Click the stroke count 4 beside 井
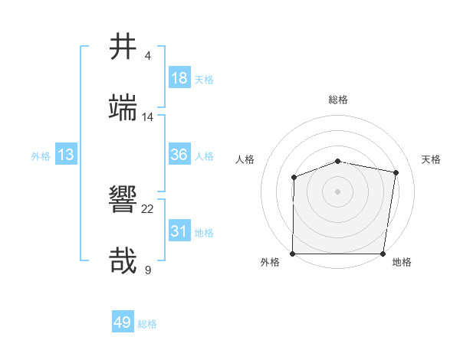pyautogui.click(x=148, y=56)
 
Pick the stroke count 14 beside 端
pyautogui.click(x=148, y=117)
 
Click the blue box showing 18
pyautogui.click(x=179, y=78)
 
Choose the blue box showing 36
pyautogui.click(x=179, y=155)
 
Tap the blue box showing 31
pyautogui.click(x=179, y=231)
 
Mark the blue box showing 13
pyautogui.click(x=66, y=155)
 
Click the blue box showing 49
pyautogui.click(x=123, y=322)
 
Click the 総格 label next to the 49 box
pyautogui.click(x=147, y=324)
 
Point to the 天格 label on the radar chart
pyautogui.click(x=431, y=159)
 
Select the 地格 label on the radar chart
pyautogui.click(x=402, y=263)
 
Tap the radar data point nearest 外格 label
pyautogui.click(x=293, y=254)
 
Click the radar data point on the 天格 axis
pyautogui.click(x=396, y=173)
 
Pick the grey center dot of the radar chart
pyautogui.click(x=337, y=191)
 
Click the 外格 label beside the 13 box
pyautogui.click(x=41, y=156)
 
